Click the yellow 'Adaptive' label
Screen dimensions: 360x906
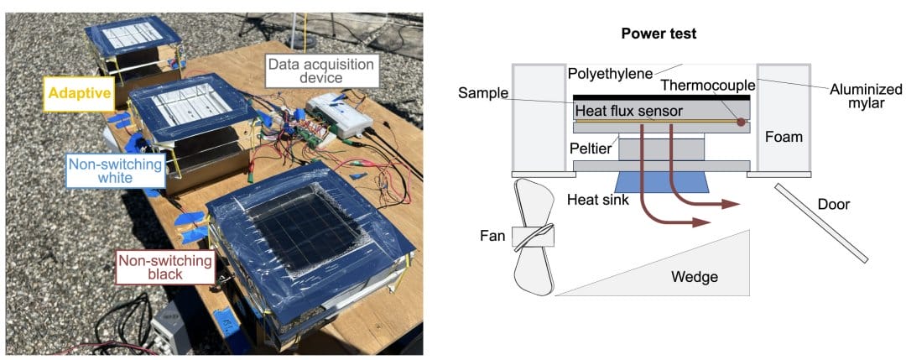(x=81, y=93)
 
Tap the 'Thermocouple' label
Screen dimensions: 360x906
(x=706, y=85)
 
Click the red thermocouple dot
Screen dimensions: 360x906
(x=740, y=123)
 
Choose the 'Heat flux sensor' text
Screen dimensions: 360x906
(x=629, y=111)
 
